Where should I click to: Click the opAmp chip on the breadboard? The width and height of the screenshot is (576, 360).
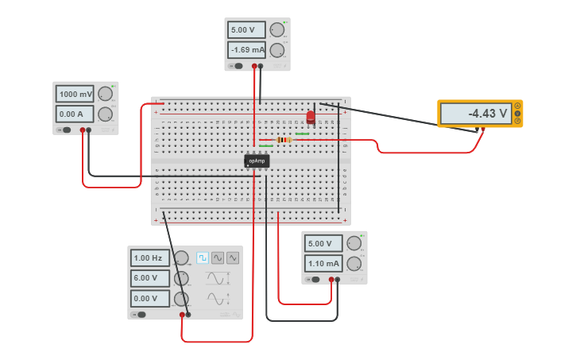coord(257,161)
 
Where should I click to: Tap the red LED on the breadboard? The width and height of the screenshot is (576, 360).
coord(311,118)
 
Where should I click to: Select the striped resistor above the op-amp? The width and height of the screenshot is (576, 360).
coord(284,140)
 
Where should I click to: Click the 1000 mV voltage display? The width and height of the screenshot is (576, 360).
coord(75,94)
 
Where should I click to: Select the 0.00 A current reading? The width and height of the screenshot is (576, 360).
coord(75,114)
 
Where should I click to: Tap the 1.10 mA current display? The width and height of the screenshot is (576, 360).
coord(323,263)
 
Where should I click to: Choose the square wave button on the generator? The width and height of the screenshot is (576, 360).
coord(203,257)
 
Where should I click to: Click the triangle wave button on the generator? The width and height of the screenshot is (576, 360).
coord(233,257)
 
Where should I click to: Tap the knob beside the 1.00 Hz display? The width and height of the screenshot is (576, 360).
coord(181,257)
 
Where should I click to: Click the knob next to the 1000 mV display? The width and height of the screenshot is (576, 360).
coord(105,94)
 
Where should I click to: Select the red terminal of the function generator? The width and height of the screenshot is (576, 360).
coord(182,315)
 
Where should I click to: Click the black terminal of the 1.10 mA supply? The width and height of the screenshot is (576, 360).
coord(338,280)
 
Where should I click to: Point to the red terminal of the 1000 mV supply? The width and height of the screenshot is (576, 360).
coord(82,130)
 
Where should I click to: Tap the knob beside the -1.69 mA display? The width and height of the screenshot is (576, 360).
coord(276,50)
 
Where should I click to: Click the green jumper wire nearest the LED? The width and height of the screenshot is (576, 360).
coord(301,134)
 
